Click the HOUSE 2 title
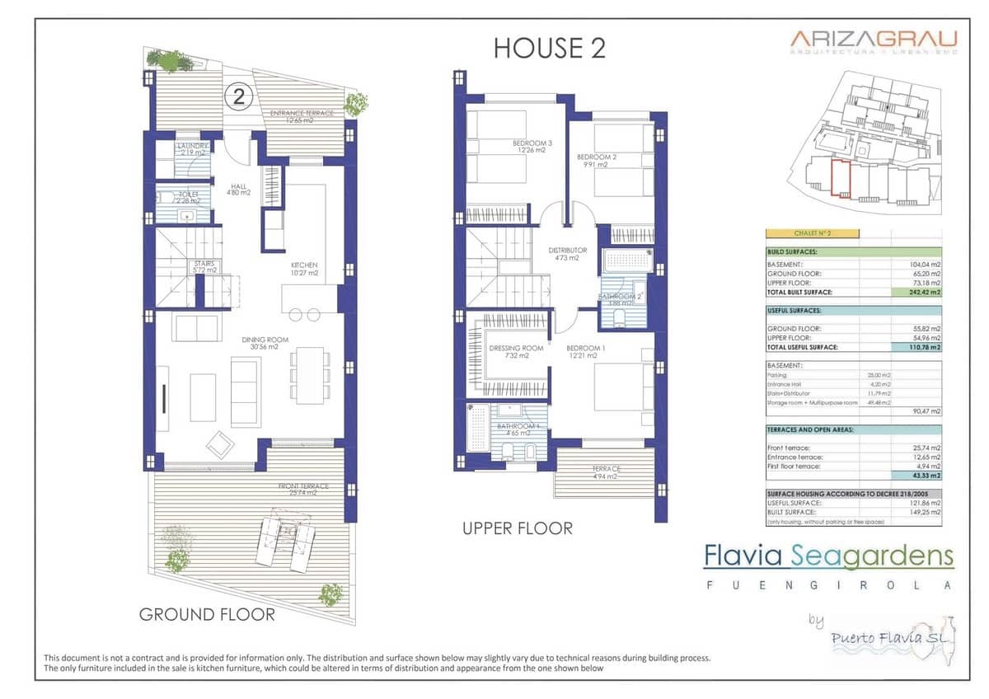(x=550, y=48)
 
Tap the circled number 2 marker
(x=239, y=97)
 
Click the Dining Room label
(x=260, y=343)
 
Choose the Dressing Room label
(x=516, y=352)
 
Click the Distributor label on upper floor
(x=568, y=254)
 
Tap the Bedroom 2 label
(x=597, y=160)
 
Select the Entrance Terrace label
(x=302, y=116)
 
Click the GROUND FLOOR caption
(x=207, y=614)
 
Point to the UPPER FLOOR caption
(x=517, y=528)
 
